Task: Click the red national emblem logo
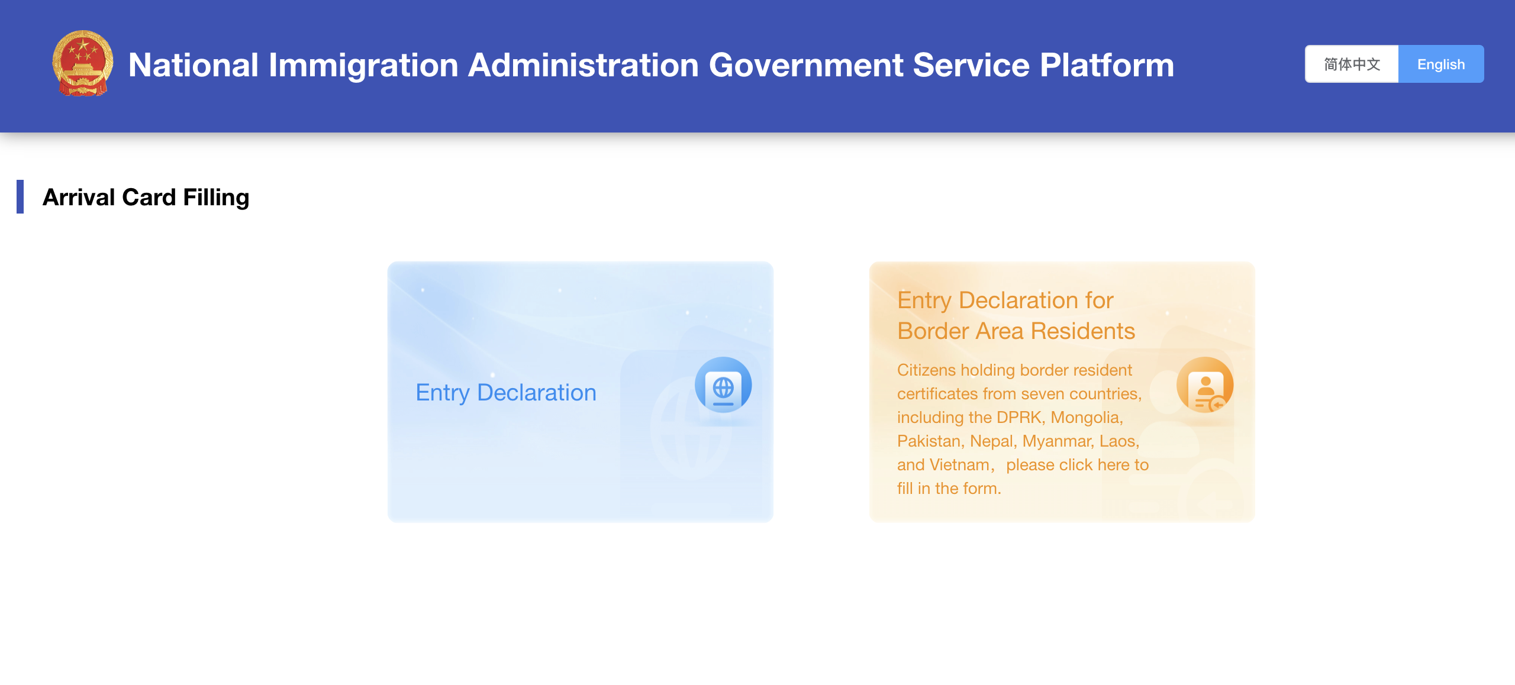[83, 63]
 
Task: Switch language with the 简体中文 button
[1352, 64]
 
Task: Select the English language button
[1441, 64]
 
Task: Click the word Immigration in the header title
[363, 66]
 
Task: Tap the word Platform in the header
[1107, 64]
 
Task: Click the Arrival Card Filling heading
[146, 197]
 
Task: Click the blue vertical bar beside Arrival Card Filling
[20, 196]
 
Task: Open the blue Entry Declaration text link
[506, 392]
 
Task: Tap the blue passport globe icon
[723, 386]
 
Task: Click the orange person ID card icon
[1205, 386]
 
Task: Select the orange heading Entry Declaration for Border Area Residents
[1016, 315]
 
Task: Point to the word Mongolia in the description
[1087, 417]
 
